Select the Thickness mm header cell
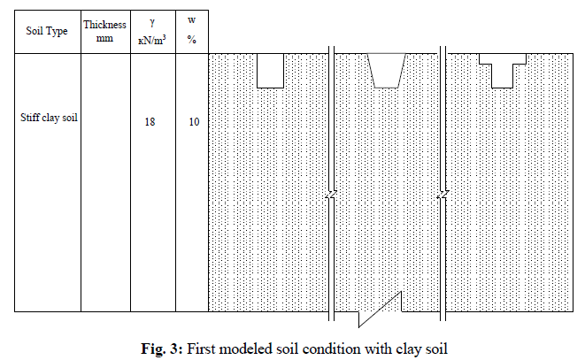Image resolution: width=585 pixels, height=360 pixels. point(105,31)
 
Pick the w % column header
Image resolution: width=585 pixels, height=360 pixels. point(192,30)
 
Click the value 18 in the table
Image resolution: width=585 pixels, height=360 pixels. point(150,121)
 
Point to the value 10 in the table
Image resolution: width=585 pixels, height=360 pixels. point(194,121)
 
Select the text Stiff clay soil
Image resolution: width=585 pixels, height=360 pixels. point(50,116)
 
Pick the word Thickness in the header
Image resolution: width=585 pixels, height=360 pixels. point(105,25)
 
